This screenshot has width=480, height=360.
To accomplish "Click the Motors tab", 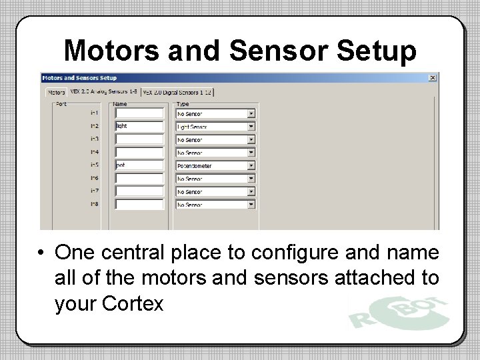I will coord(57,93).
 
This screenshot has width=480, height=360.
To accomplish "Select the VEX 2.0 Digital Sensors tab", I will coord(179,93).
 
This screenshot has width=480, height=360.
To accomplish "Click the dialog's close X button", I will coord(433,77).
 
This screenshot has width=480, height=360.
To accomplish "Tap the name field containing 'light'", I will coord(139,126).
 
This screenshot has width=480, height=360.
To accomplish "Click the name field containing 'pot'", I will coord(139,165).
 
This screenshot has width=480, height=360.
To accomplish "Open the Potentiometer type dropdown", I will coord(251,165).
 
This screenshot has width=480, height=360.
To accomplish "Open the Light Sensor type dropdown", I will coord(251,126).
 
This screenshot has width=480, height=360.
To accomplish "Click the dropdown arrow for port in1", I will coord(251,113).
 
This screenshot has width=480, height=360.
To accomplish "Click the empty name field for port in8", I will coord(139,204).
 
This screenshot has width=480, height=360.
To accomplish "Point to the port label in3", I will coord(94,139).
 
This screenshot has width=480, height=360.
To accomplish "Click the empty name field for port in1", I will coord(139,113).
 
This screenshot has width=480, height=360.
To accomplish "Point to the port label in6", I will coord(94,178).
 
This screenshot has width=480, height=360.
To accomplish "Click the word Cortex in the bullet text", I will coord(133,304).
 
